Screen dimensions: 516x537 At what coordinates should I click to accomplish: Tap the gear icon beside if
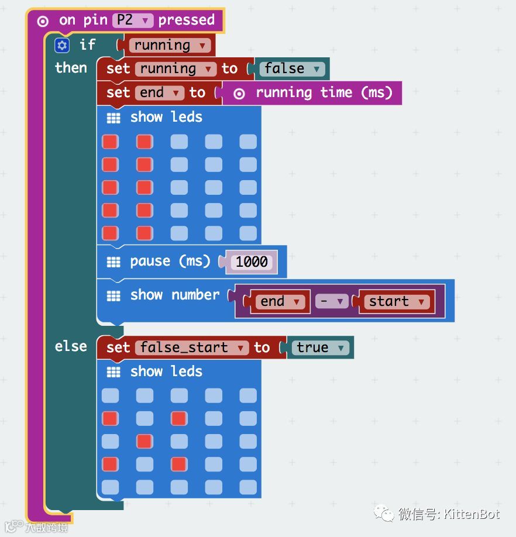(x=62, y=45)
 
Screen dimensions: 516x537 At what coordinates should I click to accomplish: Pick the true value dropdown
(x=321, y=347)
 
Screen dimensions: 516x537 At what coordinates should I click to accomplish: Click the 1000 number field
(x=252, y=261)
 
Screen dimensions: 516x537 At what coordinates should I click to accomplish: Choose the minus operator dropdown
(x=331, y=301)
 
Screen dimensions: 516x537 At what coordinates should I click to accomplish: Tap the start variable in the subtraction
(x=396, y=301)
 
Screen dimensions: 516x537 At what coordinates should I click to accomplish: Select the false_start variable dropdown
(x=191, y=347)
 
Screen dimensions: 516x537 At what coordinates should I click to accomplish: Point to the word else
(x=71, y=346)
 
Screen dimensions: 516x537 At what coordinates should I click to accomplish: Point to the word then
(x=71, y=68)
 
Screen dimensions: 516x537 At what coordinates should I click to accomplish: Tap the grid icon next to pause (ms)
(x=113, y=261)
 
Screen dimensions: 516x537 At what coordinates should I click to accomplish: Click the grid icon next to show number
(x=113, y=295)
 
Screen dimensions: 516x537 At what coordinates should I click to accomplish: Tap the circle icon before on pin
(x=43, y=21)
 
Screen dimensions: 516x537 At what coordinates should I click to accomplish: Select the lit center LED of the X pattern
(x=145, y=441)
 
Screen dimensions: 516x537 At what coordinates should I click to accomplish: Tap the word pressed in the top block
(x=187, y=20)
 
